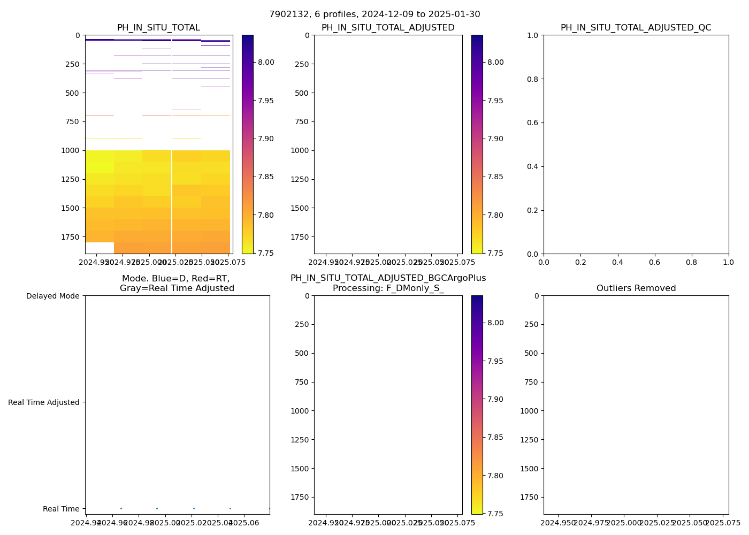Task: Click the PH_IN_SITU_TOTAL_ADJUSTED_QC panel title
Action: point(636,28)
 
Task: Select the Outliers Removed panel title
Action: point(636,288)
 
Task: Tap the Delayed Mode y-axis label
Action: point(52,296)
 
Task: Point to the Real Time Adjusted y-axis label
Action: point(44,402)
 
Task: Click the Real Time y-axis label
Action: point(61,509)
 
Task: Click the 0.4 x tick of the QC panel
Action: point(617,262)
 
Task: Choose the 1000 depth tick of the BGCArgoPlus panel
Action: point(300,411)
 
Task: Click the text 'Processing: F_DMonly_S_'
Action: point(388,288)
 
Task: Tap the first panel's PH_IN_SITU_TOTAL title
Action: point(158,28)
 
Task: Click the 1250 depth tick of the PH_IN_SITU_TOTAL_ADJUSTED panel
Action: point(300,179)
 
